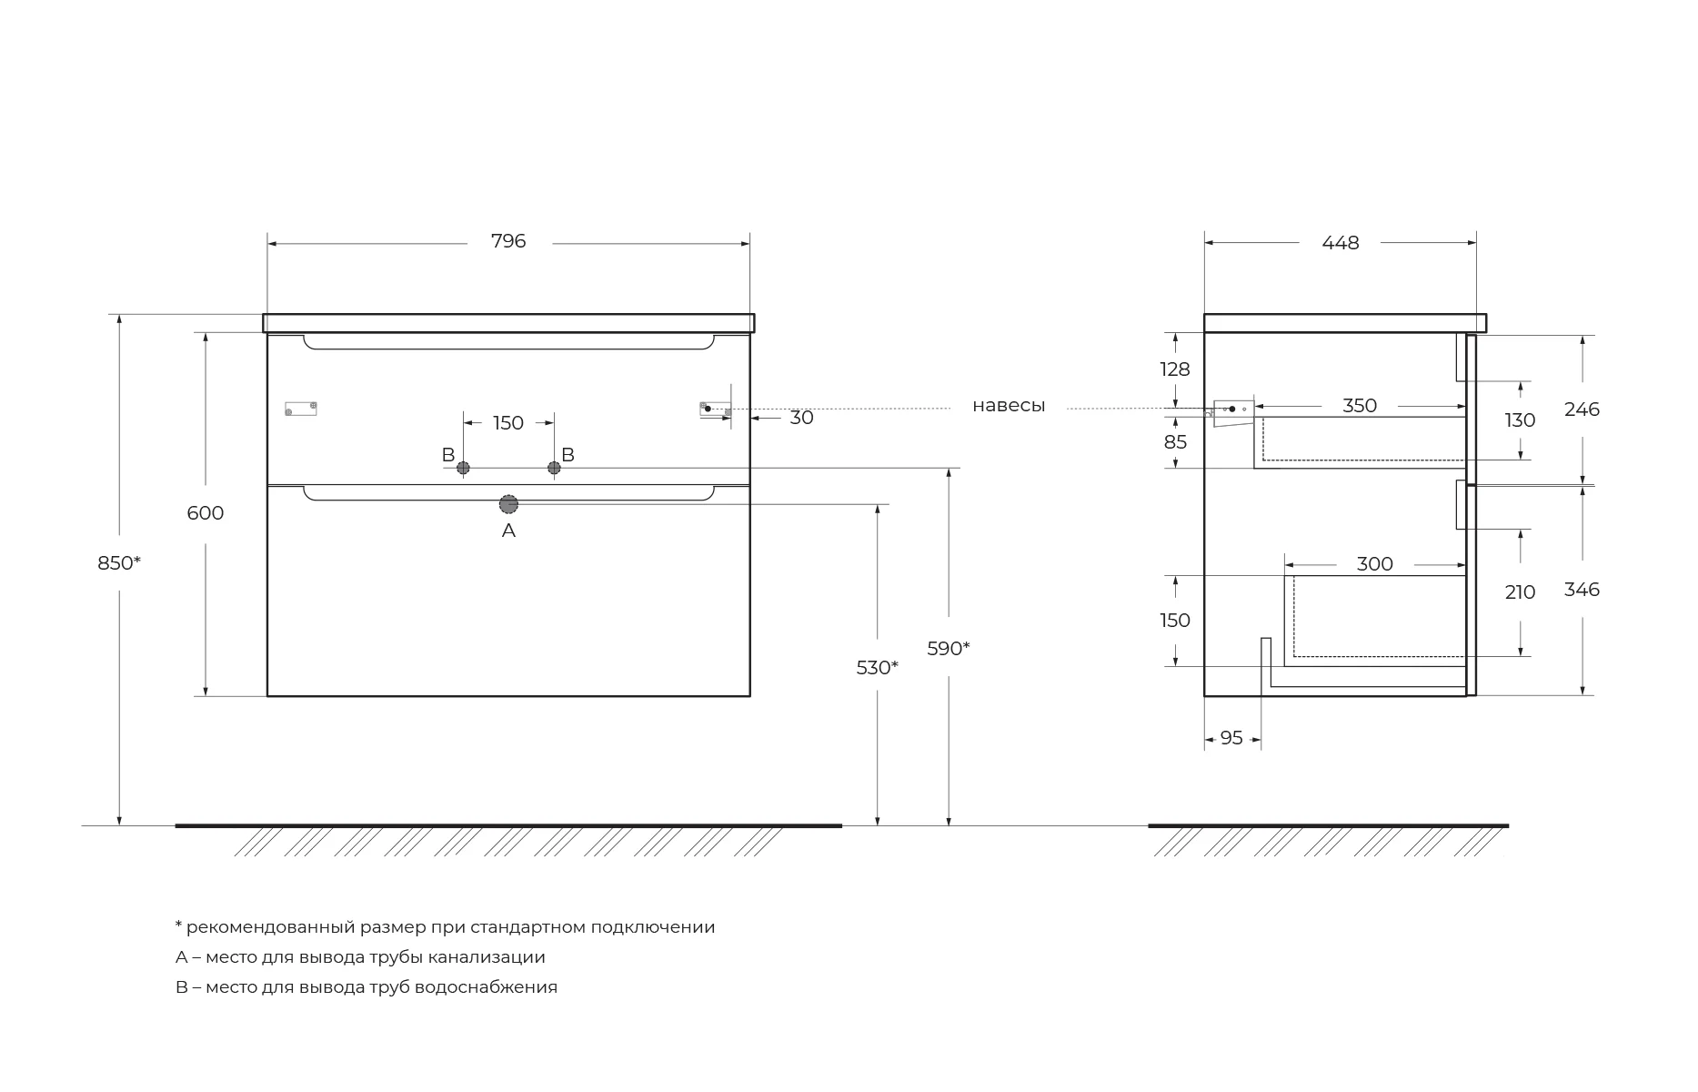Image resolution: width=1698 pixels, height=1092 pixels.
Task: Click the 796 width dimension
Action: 508,241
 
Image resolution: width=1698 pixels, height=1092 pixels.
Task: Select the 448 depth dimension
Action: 1341,243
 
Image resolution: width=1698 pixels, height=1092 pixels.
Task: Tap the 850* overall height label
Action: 119,563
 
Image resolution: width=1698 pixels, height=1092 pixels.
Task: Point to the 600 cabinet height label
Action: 206,513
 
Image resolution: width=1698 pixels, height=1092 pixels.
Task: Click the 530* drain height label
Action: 878,668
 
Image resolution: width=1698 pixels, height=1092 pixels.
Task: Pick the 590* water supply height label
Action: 949,649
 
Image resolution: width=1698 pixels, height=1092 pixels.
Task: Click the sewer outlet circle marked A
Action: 508,504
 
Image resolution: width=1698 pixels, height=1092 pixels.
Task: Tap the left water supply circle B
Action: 463,468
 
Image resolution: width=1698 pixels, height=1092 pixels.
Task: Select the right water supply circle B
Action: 554,468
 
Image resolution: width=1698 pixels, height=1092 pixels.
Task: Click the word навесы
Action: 1009,406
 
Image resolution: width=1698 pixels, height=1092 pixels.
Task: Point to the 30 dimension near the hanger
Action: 801,418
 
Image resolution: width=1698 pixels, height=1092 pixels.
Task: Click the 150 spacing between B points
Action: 508,423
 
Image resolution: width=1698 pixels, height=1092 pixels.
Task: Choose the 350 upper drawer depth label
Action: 1360,406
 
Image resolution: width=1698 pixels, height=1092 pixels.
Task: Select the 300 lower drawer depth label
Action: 1374,564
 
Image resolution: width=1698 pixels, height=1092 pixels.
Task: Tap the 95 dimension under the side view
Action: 1231,738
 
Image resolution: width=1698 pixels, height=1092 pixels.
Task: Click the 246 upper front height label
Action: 1582,409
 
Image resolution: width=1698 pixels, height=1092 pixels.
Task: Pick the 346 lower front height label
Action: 1582,590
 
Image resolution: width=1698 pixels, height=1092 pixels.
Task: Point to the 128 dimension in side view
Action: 1175,369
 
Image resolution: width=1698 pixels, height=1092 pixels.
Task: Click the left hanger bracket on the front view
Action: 301,409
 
